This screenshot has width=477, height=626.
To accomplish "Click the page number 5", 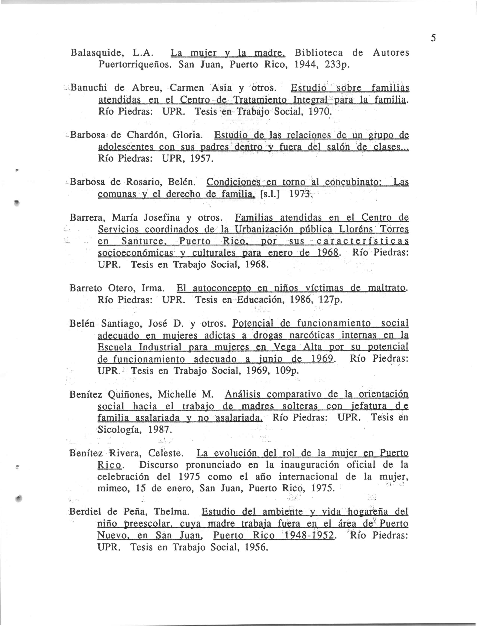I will (x=433, y=38).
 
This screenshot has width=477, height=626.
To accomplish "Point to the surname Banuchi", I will (x=88, y=88).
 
